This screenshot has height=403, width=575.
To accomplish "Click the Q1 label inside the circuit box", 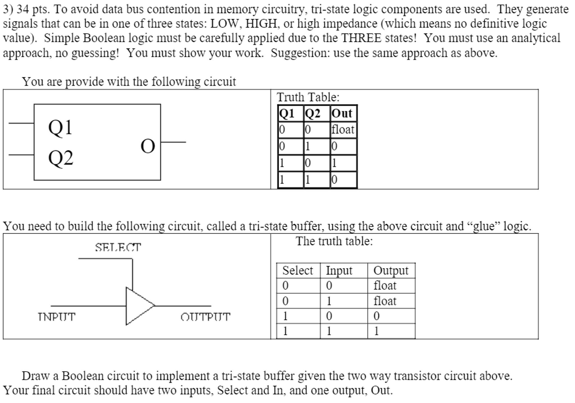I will [x=60, y=127].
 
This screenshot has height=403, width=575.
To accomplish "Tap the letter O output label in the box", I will [x=148, y=146].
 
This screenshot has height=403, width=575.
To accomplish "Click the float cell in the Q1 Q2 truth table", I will [x=343, y=129].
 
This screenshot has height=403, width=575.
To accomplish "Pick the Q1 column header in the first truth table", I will [x=286, y=113].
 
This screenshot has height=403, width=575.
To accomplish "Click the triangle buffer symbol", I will [x=138, y=306].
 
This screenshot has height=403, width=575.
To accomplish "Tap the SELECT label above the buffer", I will [x=118, y=247].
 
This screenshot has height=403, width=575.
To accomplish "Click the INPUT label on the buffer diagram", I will [x=56, y=317].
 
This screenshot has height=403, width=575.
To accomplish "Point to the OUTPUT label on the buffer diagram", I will [x=205, y=317].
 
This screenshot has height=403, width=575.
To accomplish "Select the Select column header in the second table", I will [x=297, y=270].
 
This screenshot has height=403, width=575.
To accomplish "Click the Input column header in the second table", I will [x=339, y=270].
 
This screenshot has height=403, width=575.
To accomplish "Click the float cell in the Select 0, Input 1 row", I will [x=384, y=301].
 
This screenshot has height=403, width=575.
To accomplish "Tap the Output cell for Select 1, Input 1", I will [x=377, y=331].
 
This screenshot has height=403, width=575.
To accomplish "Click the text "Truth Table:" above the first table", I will [x=308, y=97].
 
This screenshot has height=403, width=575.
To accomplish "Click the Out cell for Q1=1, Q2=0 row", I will [x=334, y=163].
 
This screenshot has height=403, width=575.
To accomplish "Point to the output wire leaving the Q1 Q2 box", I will [x=173, y=142].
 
